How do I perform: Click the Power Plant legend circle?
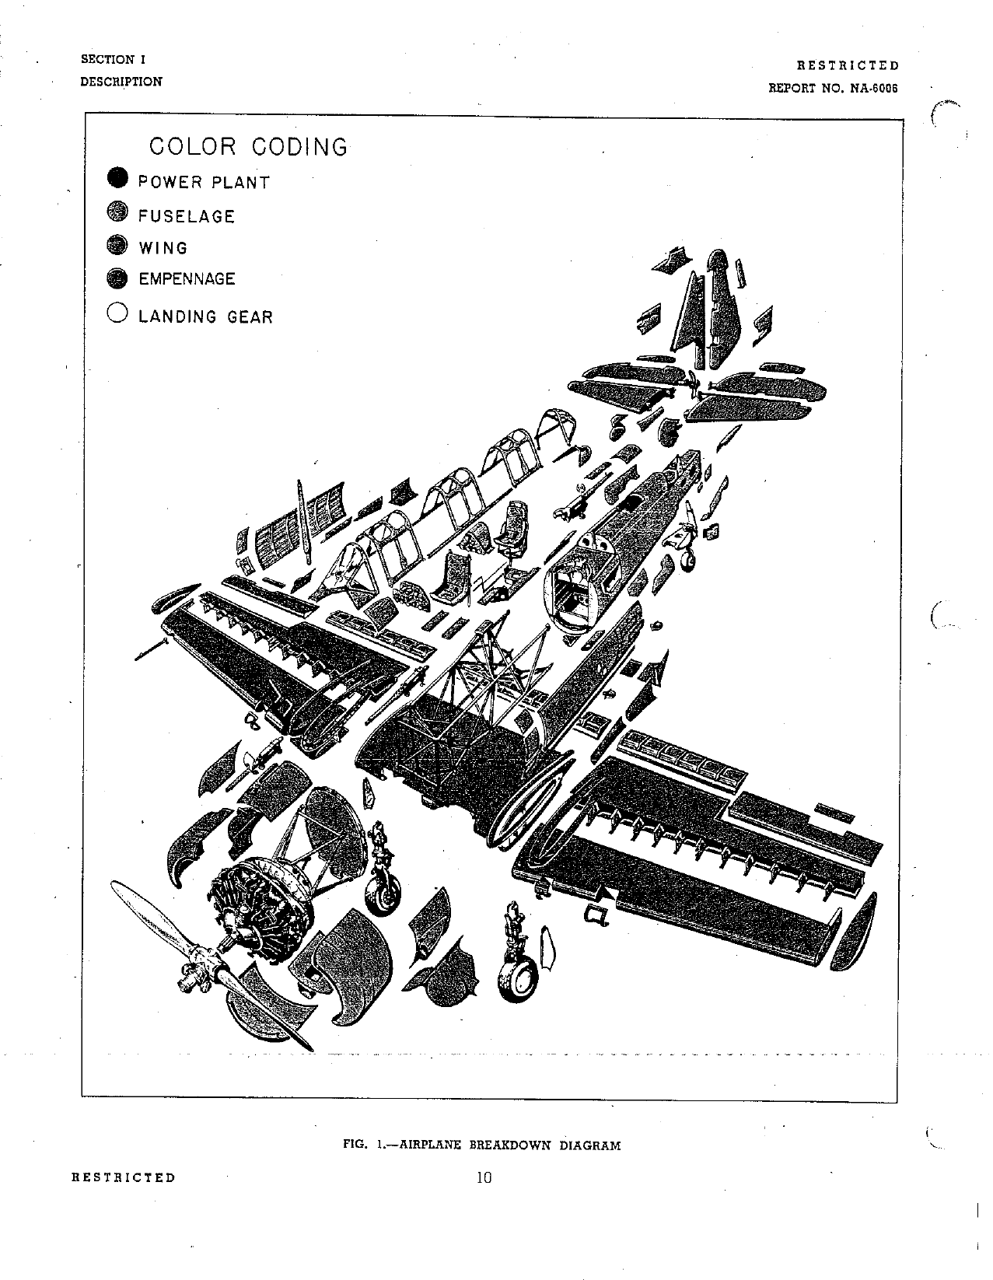[x=117, y=179]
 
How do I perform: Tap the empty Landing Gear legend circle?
[x=117, y=313]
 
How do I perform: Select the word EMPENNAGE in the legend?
[x=187, y=279]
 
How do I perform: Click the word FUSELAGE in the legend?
[x=187, y=216]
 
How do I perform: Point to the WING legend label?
[x=163, y=248]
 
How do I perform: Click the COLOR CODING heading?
[x=248, y=146]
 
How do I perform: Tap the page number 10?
[x=484, y=1177]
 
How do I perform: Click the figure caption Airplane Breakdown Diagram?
[x=482, y=1145]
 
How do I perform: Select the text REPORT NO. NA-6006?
[x=833, y=88]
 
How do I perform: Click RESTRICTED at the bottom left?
[x=124, y=1177]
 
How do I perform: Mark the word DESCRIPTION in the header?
[x=121, y=82]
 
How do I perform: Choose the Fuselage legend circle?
[x=117, y=213]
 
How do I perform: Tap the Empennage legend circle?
[x=117, y=278]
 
